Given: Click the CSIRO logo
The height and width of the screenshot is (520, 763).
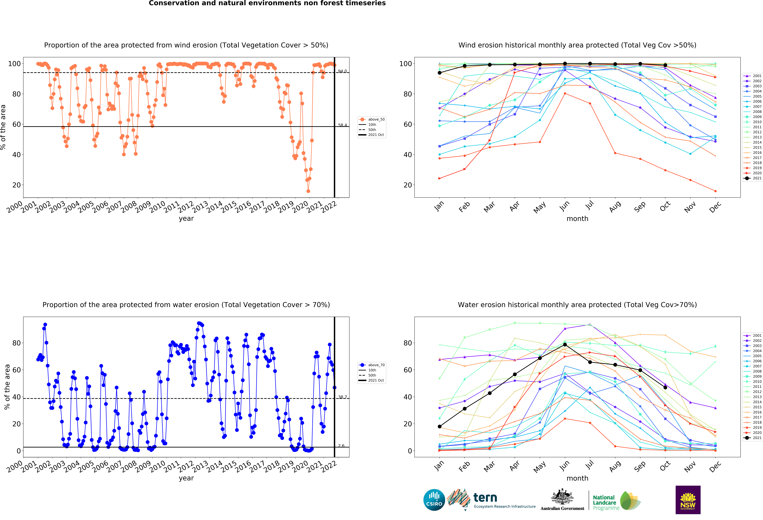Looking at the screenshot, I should (x=434, y=500).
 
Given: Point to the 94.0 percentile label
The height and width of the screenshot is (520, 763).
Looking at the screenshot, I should (x=342, y=71).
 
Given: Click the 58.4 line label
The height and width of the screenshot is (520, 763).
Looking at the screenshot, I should (x=342, y=125).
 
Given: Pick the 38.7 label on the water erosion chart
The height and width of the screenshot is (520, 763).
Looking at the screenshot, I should (x=342, y=397).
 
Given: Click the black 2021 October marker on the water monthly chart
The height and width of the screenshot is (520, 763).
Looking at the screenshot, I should (x=665, y=387).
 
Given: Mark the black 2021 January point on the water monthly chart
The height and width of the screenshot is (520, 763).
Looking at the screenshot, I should (x=440, y=426).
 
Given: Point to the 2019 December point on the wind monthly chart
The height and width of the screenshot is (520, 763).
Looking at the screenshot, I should (x=715, y=191).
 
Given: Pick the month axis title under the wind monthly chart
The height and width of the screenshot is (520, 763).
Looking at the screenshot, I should (x=577, y=219).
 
